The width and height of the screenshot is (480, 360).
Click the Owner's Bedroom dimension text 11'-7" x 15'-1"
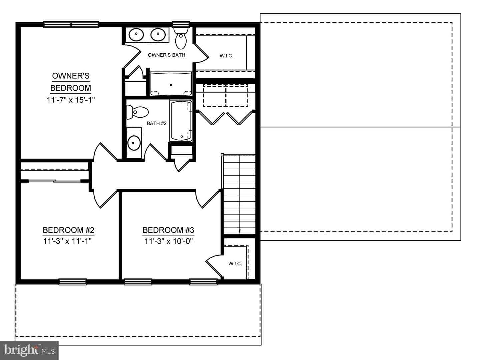[x=71, y=100]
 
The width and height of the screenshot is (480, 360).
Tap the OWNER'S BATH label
[x=166, y=55]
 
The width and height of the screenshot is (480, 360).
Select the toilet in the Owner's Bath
[x=181, y=38]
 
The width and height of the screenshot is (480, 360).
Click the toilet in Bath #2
[x=137, y=112]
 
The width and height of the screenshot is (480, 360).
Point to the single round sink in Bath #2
[x=134, y=143]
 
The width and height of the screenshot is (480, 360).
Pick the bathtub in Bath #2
[x=181, y=121]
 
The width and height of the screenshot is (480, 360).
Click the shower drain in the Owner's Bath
[x=171, y=85]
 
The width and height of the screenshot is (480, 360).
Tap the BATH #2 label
[x=157, y=123]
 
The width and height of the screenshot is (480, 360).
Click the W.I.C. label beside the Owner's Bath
[x=226, y=56]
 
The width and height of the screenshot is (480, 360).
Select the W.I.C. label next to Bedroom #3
[x=235, y=264]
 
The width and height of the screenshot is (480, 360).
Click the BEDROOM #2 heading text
[x=68, y=230]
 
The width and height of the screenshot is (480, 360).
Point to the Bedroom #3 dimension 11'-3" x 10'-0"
[x=168, y=241]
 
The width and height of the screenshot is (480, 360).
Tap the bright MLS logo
[x=29, y=350]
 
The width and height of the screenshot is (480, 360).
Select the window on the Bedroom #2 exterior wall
[x=73, y=282]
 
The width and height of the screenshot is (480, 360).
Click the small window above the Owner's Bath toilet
[x=181, y=24]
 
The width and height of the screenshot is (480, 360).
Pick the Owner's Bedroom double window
[x=71, y=24]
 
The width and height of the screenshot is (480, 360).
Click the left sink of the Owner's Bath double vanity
[x=136, y=35]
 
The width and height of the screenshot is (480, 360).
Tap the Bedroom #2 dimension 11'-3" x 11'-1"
[x=67, y=241]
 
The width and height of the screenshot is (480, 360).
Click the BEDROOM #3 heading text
[x=168, y=230]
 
